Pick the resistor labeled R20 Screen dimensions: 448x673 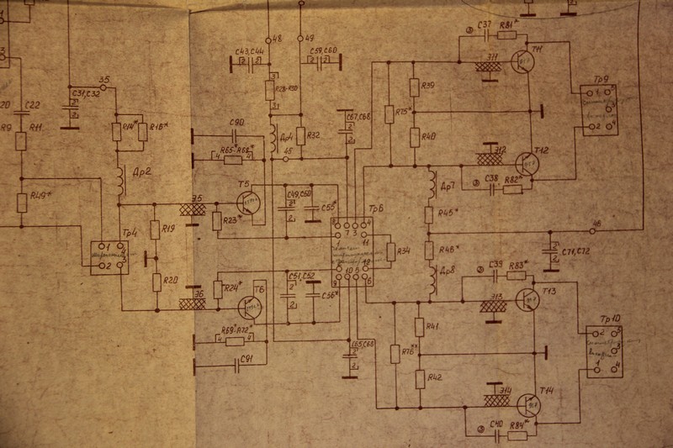point(156,282)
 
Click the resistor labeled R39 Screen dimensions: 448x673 point(414,87)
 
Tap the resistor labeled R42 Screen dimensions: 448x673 point(420,377)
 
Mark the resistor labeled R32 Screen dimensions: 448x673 point(299,134)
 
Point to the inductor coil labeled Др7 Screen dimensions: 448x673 point(432,185)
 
